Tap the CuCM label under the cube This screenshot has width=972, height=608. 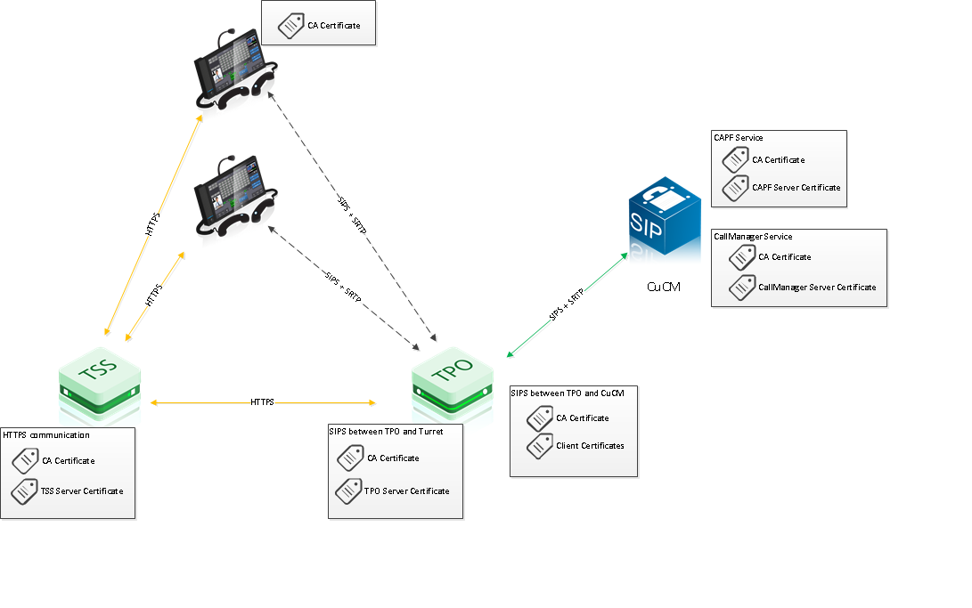tap(664, 288)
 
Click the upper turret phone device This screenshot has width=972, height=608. tap(233, 70)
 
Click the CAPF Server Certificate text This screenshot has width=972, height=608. tap(796, 188)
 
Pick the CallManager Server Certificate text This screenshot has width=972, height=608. tap(816, 288)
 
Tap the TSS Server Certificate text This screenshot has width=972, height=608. tap(82, 490)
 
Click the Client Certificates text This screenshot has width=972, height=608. tap(590, 445)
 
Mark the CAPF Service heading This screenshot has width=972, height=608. tap(738, 138)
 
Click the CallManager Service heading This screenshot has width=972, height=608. tap(753, 237)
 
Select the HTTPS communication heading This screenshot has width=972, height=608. tap(46, 435)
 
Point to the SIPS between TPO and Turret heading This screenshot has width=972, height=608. tap(386, 432)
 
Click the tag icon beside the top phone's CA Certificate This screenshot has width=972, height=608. tap(290, 27)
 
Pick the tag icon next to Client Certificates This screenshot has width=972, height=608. tap(540, 446)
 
